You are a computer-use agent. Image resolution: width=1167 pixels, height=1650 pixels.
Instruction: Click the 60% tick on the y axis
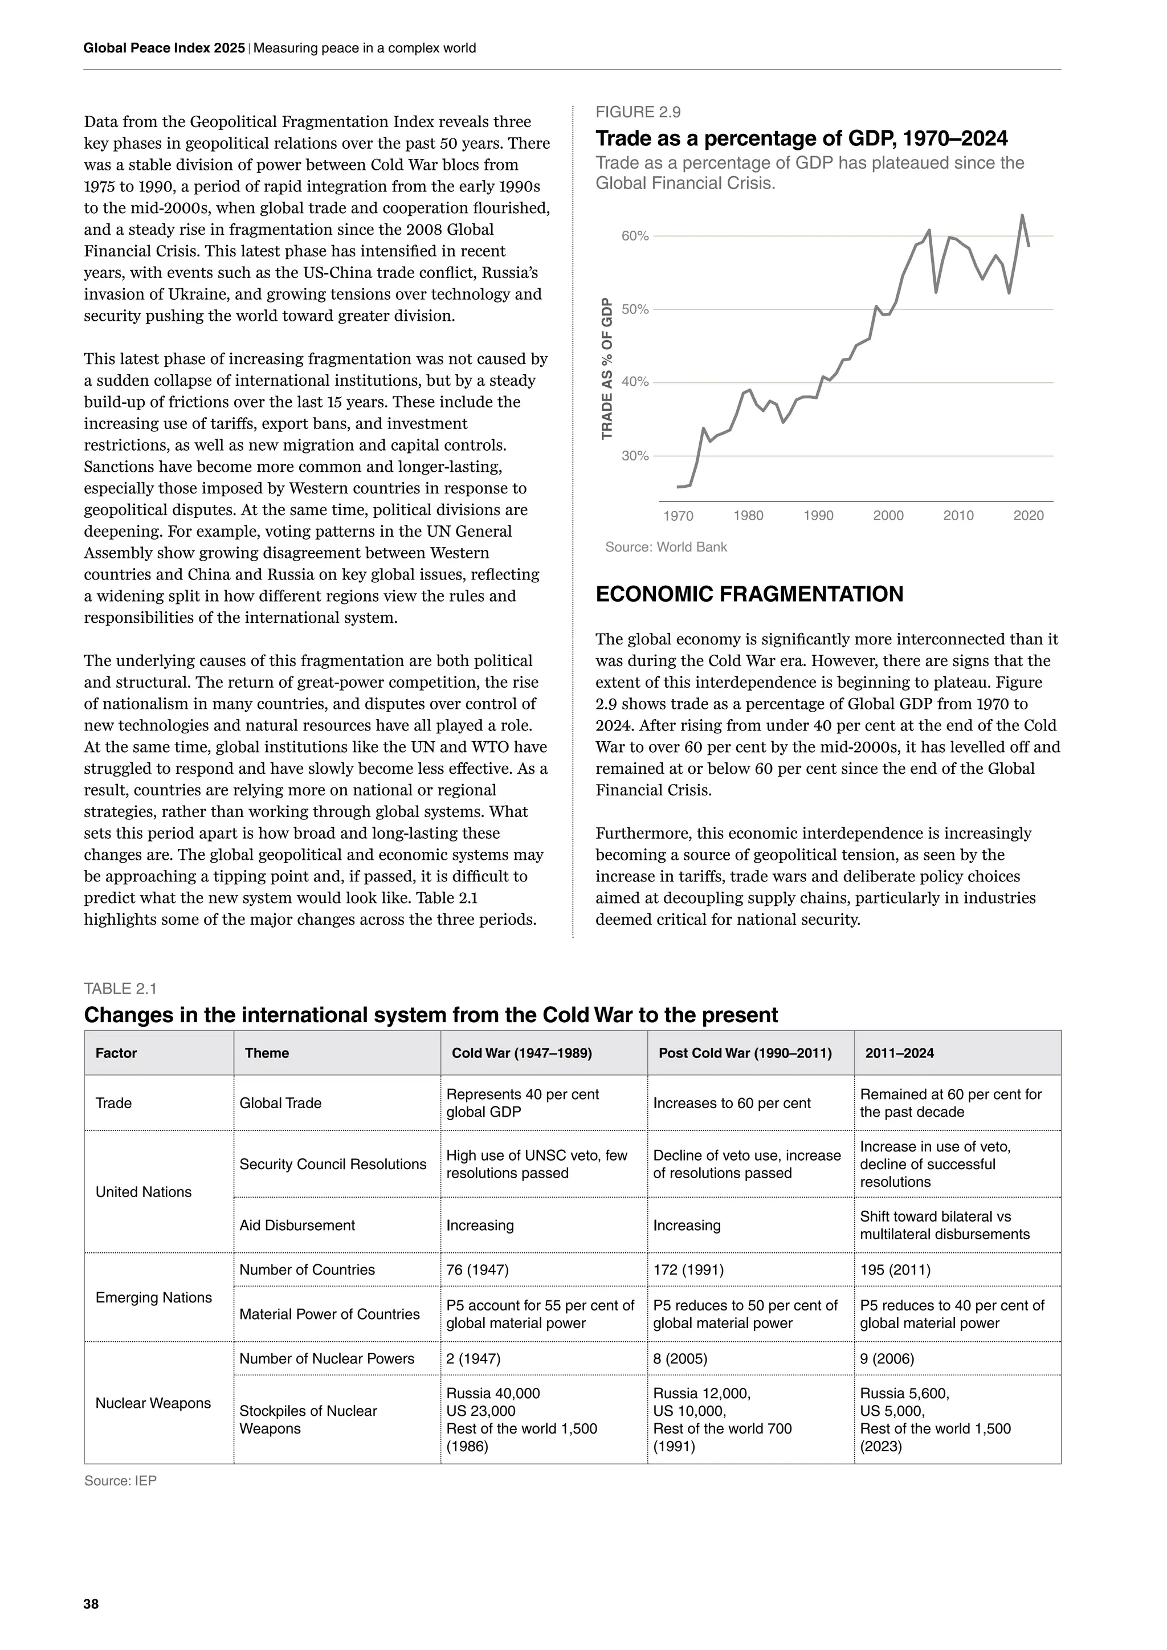635,236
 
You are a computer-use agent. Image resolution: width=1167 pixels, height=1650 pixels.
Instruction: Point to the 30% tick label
635,456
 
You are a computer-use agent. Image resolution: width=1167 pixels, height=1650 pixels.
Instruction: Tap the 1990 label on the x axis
818,516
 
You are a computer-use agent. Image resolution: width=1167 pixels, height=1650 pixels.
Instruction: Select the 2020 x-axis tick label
1029,516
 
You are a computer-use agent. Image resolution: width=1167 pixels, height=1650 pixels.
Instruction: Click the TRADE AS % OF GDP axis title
607,368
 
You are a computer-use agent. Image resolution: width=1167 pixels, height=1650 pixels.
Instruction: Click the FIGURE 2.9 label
638,112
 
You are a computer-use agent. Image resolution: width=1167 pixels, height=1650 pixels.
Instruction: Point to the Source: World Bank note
666,548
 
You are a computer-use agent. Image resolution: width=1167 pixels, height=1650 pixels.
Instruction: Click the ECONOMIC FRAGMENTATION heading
749,594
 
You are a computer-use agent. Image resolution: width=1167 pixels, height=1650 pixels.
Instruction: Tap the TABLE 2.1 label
120,989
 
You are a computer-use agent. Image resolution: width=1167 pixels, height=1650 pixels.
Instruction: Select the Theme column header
267,1053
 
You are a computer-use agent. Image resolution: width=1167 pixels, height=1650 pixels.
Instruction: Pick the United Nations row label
144,1192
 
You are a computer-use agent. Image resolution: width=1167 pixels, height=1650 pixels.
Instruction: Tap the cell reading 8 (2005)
680,1359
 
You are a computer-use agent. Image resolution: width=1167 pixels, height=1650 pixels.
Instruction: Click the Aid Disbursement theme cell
297,1226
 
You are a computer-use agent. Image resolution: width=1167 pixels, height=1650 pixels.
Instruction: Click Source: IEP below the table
120,1481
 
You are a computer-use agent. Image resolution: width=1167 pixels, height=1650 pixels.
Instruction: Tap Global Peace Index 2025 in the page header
164,48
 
